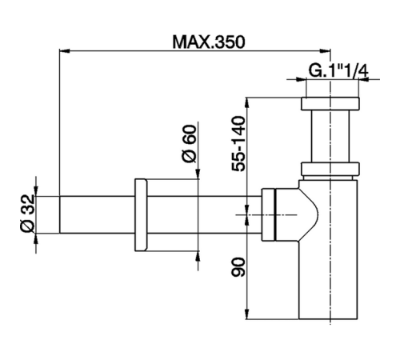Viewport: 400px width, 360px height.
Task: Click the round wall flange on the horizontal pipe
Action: [x=142, y=214]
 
